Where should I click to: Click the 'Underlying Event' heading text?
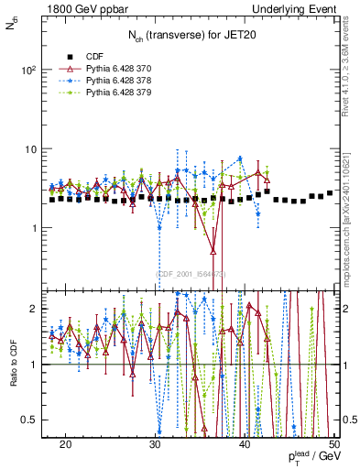299,8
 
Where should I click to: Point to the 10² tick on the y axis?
36,70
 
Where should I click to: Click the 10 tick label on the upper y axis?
38,148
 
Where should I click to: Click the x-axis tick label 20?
65,443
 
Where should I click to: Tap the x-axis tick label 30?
155,443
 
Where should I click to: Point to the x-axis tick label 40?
245,443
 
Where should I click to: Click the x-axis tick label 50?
334,443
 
